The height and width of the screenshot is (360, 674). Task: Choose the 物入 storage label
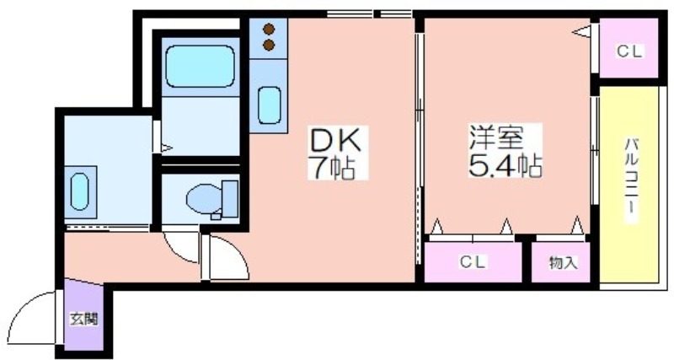[x=564, y=263]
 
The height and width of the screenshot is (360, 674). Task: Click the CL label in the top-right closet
[x=629, y=51]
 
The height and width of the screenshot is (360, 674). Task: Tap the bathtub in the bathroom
[x=199, y=67]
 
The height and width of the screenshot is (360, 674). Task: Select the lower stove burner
[x=270, y=44]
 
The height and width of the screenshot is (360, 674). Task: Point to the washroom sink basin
[x=79, y=191]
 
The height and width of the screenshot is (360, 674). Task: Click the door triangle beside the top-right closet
[x=582, y=31]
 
